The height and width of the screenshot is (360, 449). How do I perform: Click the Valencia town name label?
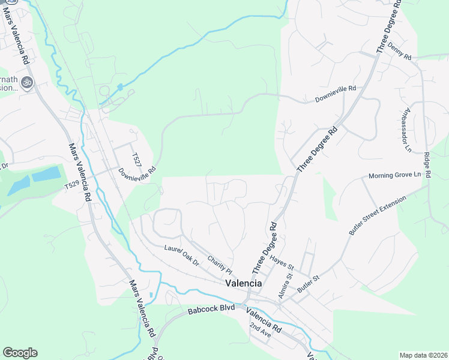click(243, 283)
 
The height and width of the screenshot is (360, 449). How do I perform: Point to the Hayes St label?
click(281, 262)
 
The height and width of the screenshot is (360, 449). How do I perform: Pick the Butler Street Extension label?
click(377, 214)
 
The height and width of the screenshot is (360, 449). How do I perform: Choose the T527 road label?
click(137, 160)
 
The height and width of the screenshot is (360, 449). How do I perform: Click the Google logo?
click(20, 353)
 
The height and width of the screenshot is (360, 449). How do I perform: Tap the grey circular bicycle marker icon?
click(26, 82)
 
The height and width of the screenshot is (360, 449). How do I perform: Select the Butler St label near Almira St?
click(309, 284)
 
